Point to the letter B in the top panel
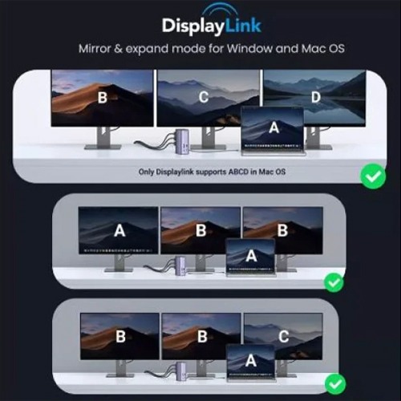(x=102, y=98)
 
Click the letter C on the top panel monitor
(x=204, y=98)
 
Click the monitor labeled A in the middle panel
(x=119, y=230)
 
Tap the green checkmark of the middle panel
(x=334, y=282)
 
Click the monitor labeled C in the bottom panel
(x=282, y=335)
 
